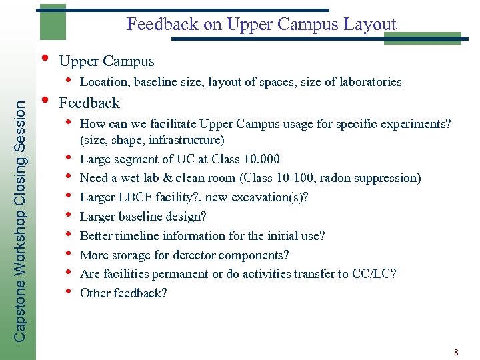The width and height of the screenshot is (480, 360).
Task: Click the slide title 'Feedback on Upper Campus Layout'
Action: pos(261,25)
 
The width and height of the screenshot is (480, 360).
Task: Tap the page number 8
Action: pos(456,351)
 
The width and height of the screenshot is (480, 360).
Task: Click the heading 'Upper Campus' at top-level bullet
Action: pos(107,61)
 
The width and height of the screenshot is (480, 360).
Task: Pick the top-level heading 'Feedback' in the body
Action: pos(89,103)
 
